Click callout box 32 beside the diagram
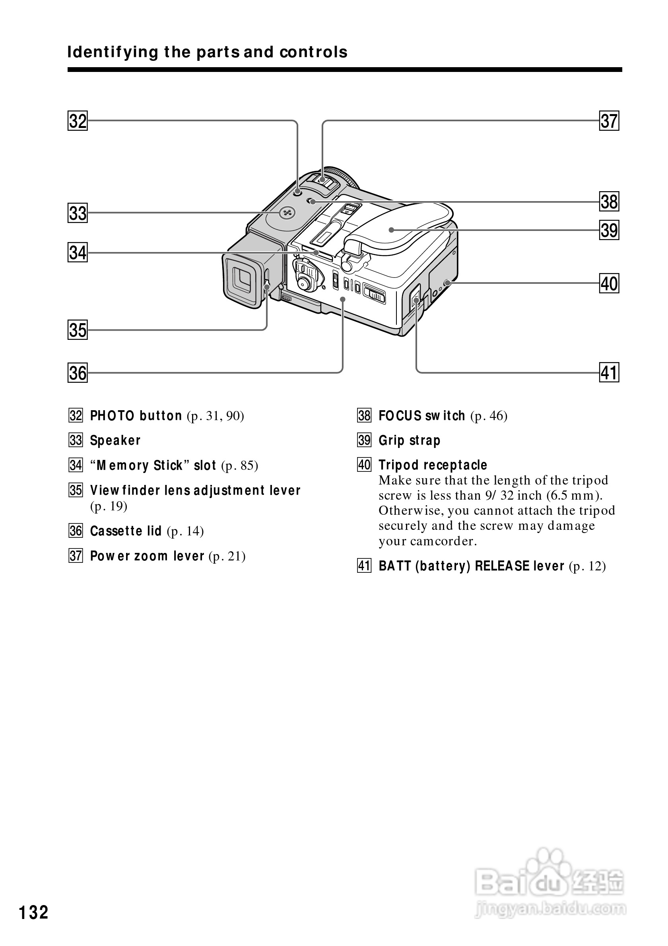pos(78,121)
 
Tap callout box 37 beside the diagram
pos(609,121)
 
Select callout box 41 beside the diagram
pos(609,373)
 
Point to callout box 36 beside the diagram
pos(78,373)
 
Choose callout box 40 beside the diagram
pos(609,284)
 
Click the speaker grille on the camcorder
pos(287,213)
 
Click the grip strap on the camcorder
pos(400,231)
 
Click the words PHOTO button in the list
pos(136,416)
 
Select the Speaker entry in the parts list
pos(115,440)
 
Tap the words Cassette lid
pos(126,531)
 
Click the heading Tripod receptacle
pos(433,465)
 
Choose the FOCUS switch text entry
pos(421,416)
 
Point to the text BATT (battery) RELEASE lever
pos(471,566)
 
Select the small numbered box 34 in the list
pos(76,465)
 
